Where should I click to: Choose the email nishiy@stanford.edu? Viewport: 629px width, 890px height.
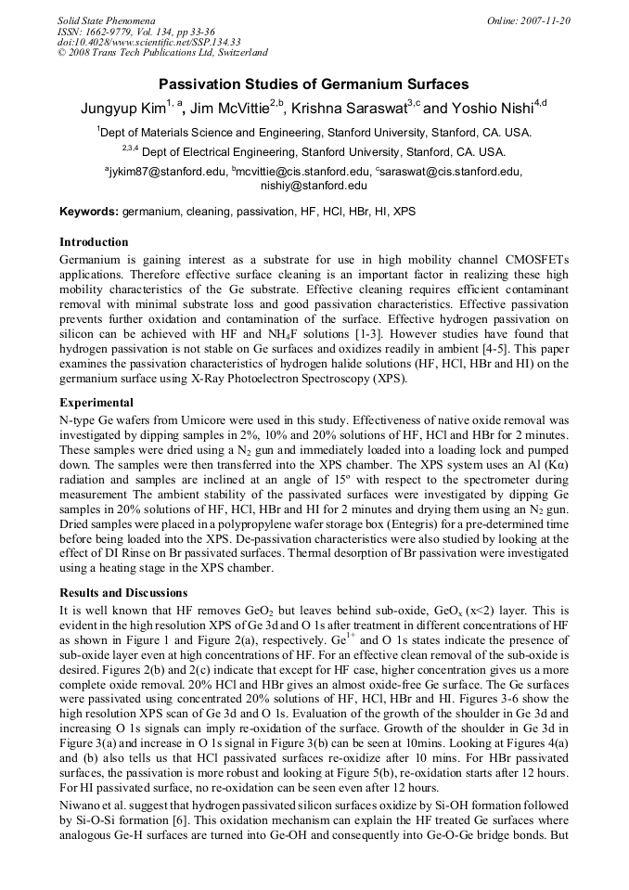click(314, 186)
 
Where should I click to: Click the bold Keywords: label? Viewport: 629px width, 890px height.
click(89, 213)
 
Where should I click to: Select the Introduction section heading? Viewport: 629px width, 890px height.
click(94, 242)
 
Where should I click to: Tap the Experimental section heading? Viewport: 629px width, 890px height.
click(96, 403)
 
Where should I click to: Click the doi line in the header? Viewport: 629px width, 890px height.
click(148, 42)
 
